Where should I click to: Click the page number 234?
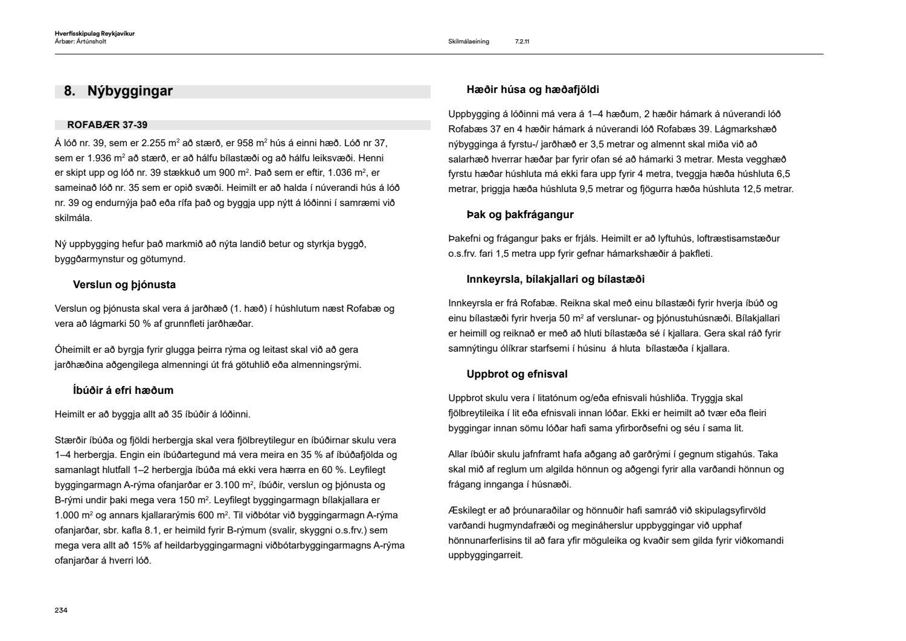[x=61, y=610]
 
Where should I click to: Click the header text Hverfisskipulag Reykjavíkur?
[x=94, y=34]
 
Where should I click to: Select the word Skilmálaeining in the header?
[x=469, y=42]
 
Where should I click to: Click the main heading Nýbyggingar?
[x=130, y=91]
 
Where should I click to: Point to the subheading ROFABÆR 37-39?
[x=107, y=125]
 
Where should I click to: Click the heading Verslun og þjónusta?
[x=124, y=285]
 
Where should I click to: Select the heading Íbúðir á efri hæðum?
[x=123, y=390]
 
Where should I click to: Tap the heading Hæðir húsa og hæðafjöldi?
[x=533, y=90]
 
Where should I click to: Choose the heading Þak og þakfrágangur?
[x=520, y=214]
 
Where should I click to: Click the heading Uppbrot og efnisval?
[x=517, y=374]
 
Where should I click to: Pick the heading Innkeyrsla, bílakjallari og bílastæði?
[x=556, y=279]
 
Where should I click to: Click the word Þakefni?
[x=465, y=239]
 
